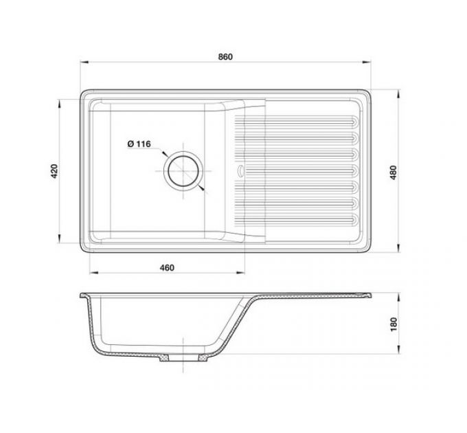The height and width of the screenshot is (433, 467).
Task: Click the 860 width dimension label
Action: click(225, 56)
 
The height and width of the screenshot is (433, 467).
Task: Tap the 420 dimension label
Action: click(54, 171)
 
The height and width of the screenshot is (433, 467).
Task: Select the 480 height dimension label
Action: click(394, 173)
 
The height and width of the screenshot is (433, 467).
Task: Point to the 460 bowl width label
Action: click(167, 267)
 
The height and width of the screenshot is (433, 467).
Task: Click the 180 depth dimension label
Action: click(394, 324)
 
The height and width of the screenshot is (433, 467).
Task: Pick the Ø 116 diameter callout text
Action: click(139, 144)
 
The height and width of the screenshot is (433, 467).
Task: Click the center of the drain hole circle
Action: click(183, 171)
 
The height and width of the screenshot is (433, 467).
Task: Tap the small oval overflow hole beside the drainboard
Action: click(240, 170)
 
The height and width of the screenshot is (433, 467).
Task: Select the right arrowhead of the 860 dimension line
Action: click(366, 63)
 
